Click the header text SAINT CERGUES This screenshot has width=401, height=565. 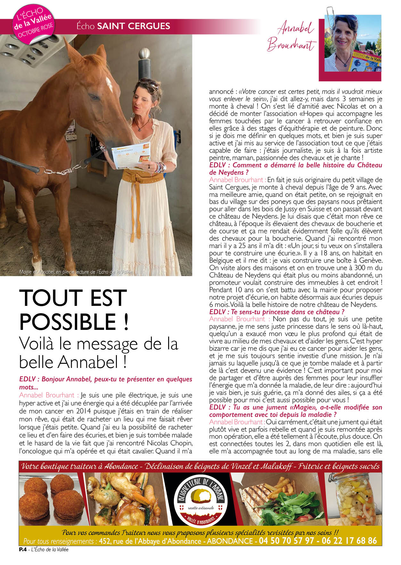[x=133, y=26]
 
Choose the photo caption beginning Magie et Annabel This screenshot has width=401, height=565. [x=76, y=272]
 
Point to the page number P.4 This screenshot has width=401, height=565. [x=22, y=550]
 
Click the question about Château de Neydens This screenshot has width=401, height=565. [x=295, y=169]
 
